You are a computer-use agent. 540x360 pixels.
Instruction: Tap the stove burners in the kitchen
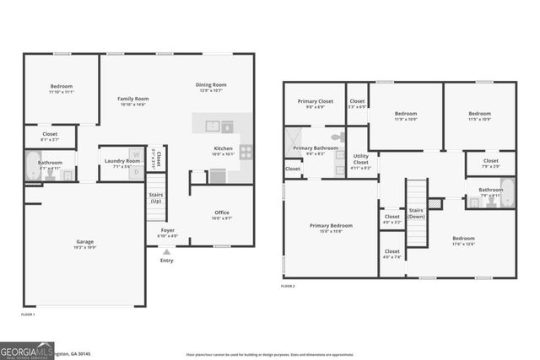246,153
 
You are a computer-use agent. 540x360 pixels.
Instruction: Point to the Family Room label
132,101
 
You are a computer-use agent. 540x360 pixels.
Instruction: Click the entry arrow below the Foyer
166,251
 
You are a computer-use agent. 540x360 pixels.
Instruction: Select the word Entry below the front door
166,261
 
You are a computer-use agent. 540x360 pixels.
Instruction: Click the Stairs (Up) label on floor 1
156,198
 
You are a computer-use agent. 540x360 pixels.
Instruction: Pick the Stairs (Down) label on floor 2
416,214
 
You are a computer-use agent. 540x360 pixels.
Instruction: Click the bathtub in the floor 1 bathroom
32,165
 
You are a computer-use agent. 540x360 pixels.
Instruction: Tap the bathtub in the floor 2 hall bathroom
506,193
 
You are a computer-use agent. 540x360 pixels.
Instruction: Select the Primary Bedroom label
331,228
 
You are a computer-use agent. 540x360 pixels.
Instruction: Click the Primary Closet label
314,105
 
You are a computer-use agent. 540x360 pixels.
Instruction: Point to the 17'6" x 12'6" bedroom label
462,241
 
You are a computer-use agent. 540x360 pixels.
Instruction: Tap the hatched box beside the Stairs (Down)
435,203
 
